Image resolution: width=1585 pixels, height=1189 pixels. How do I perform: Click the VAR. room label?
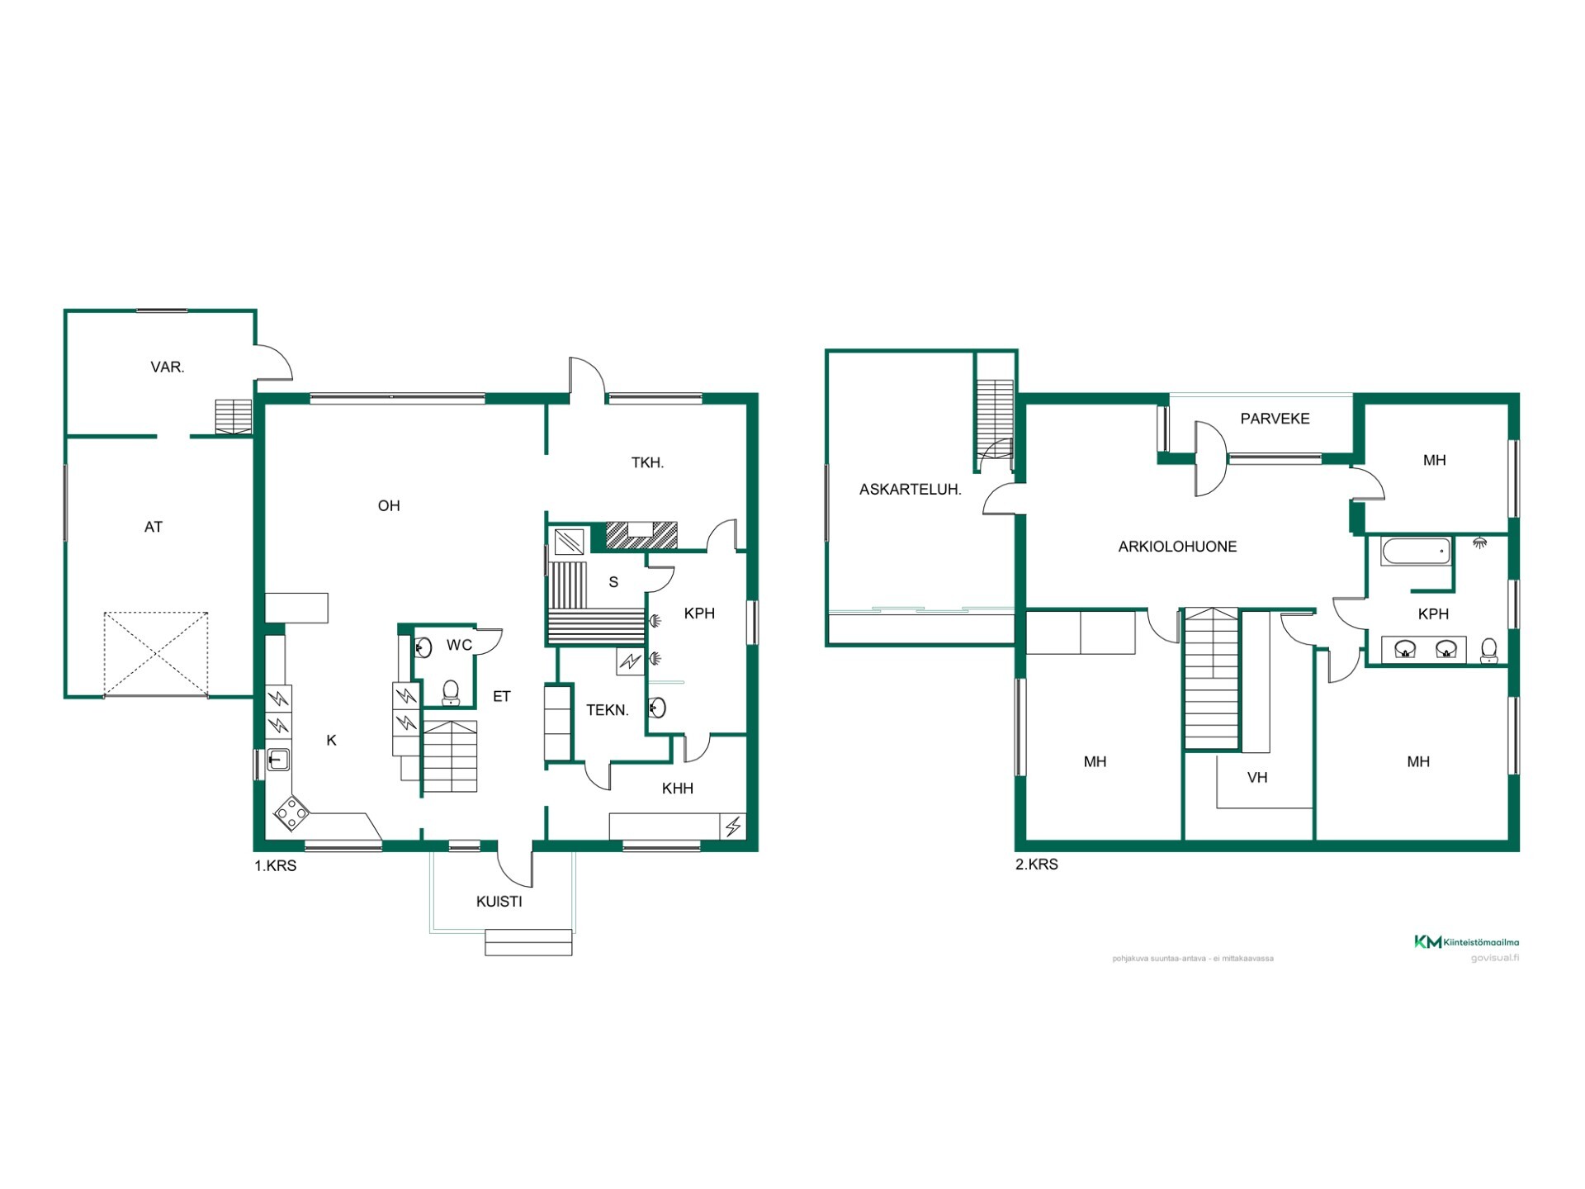pyautogui.click(x=168, y=367)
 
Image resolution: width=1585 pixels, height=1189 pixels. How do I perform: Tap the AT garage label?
pyautogui.click(x=154, y=527)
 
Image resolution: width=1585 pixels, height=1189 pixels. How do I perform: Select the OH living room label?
pyautogui.click(x=389, y=506)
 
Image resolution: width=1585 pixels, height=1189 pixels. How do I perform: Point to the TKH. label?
pyautogui.click(x=648, y=463)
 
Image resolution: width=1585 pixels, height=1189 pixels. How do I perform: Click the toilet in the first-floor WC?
pyautogui.click(x=451, y=692)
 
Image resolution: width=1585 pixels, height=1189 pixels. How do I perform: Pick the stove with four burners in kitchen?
pyautogui.click(x=291, y=813)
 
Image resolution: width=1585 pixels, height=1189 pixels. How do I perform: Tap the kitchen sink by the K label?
pyautogui.click(x=278, y=759)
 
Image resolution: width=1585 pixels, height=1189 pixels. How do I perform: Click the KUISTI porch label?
pyautogui.click(x=499, y=902)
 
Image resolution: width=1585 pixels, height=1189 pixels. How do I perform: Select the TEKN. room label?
pyautogui.click(x=608, y=710)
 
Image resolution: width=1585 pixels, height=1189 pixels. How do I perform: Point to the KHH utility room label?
pyautogui.click(x=678, y=789)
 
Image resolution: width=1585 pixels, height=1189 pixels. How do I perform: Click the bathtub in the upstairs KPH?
pyautogui.click(x=1416, y=552)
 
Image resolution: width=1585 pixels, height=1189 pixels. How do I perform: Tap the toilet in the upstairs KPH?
pyautogui.click(x=1489, y=651)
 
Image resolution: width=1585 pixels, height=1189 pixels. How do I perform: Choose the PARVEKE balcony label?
pyautogui.click(x=1275, y=419)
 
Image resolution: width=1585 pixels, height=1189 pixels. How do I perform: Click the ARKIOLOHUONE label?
pyautogui.click(x=1178, y=547)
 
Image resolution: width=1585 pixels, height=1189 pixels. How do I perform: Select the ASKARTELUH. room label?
pyautogui.click(x=911, y=490)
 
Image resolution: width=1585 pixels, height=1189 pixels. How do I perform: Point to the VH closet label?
pyautogui.click(x=1257, y=778)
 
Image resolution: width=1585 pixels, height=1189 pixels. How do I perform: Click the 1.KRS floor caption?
pyautogui.click(x=275, y=866)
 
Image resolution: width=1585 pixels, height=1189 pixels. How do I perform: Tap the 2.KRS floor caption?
pyautogui.click(x=1037, y=865)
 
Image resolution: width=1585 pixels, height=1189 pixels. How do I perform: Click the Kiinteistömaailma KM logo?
pyautogui.click(x=1467, y=942)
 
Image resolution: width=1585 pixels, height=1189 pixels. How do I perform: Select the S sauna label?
pyautogui.click(x=613, y=582)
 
